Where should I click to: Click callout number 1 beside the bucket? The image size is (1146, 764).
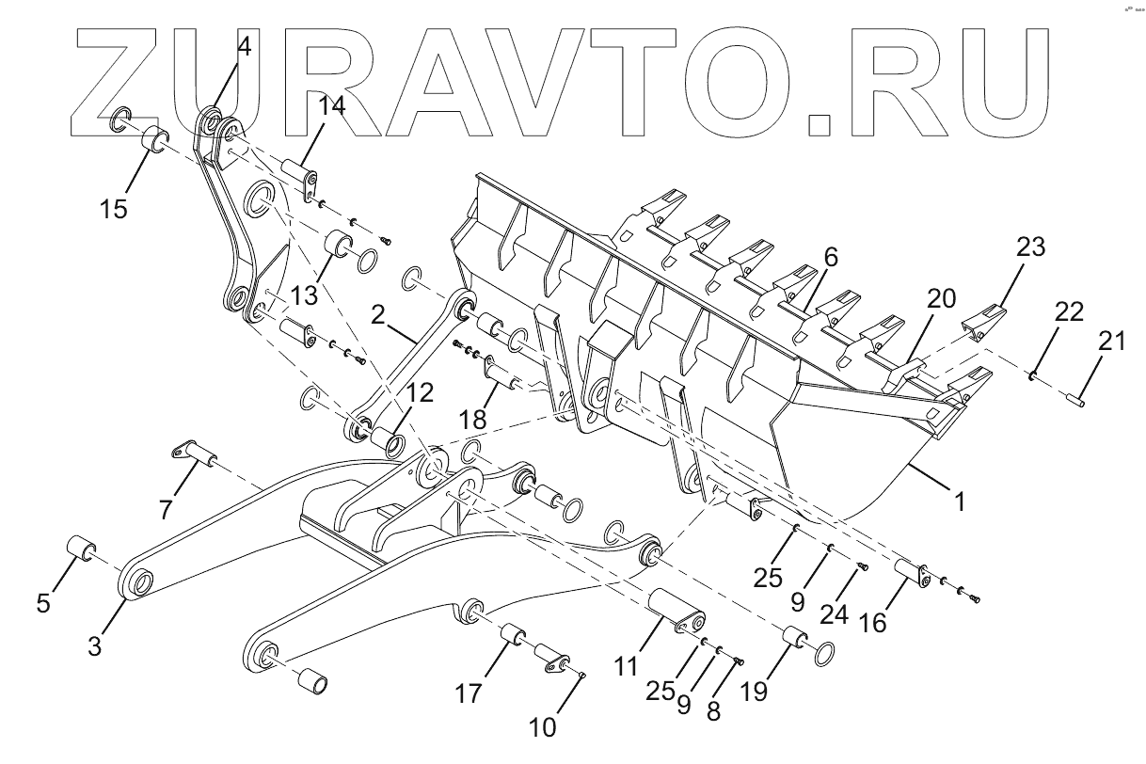960,502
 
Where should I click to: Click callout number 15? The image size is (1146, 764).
114,209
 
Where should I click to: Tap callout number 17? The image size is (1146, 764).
469,694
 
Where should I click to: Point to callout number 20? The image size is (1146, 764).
942,300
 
